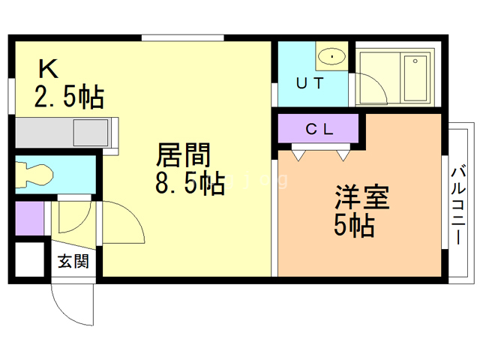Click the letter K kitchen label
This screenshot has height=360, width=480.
point(48,69)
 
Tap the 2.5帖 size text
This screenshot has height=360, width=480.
point(69,97)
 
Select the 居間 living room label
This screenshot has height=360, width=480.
point(183,155)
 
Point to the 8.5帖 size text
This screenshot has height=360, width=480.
point(190,183)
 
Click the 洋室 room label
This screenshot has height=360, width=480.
point(362,197)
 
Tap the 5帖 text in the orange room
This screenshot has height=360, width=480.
point(354,226)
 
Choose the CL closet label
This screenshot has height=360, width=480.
point(319,129)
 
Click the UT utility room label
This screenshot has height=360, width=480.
point(310,83)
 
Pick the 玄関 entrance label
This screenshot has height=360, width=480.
point(73,261)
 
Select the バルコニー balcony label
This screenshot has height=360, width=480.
point(458,205)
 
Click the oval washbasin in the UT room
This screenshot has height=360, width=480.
point(331,56)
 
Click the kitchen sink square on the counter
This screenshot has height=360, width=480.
point(91,133)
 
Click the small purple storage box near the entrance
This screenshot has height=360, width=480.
point(30,218)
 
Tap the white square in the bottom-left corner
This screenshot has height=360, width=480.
point(30,259)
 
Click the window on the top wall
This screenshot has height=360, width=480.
point(183,38)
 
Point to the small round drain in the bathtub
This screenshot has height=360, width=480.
point(415,61)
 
